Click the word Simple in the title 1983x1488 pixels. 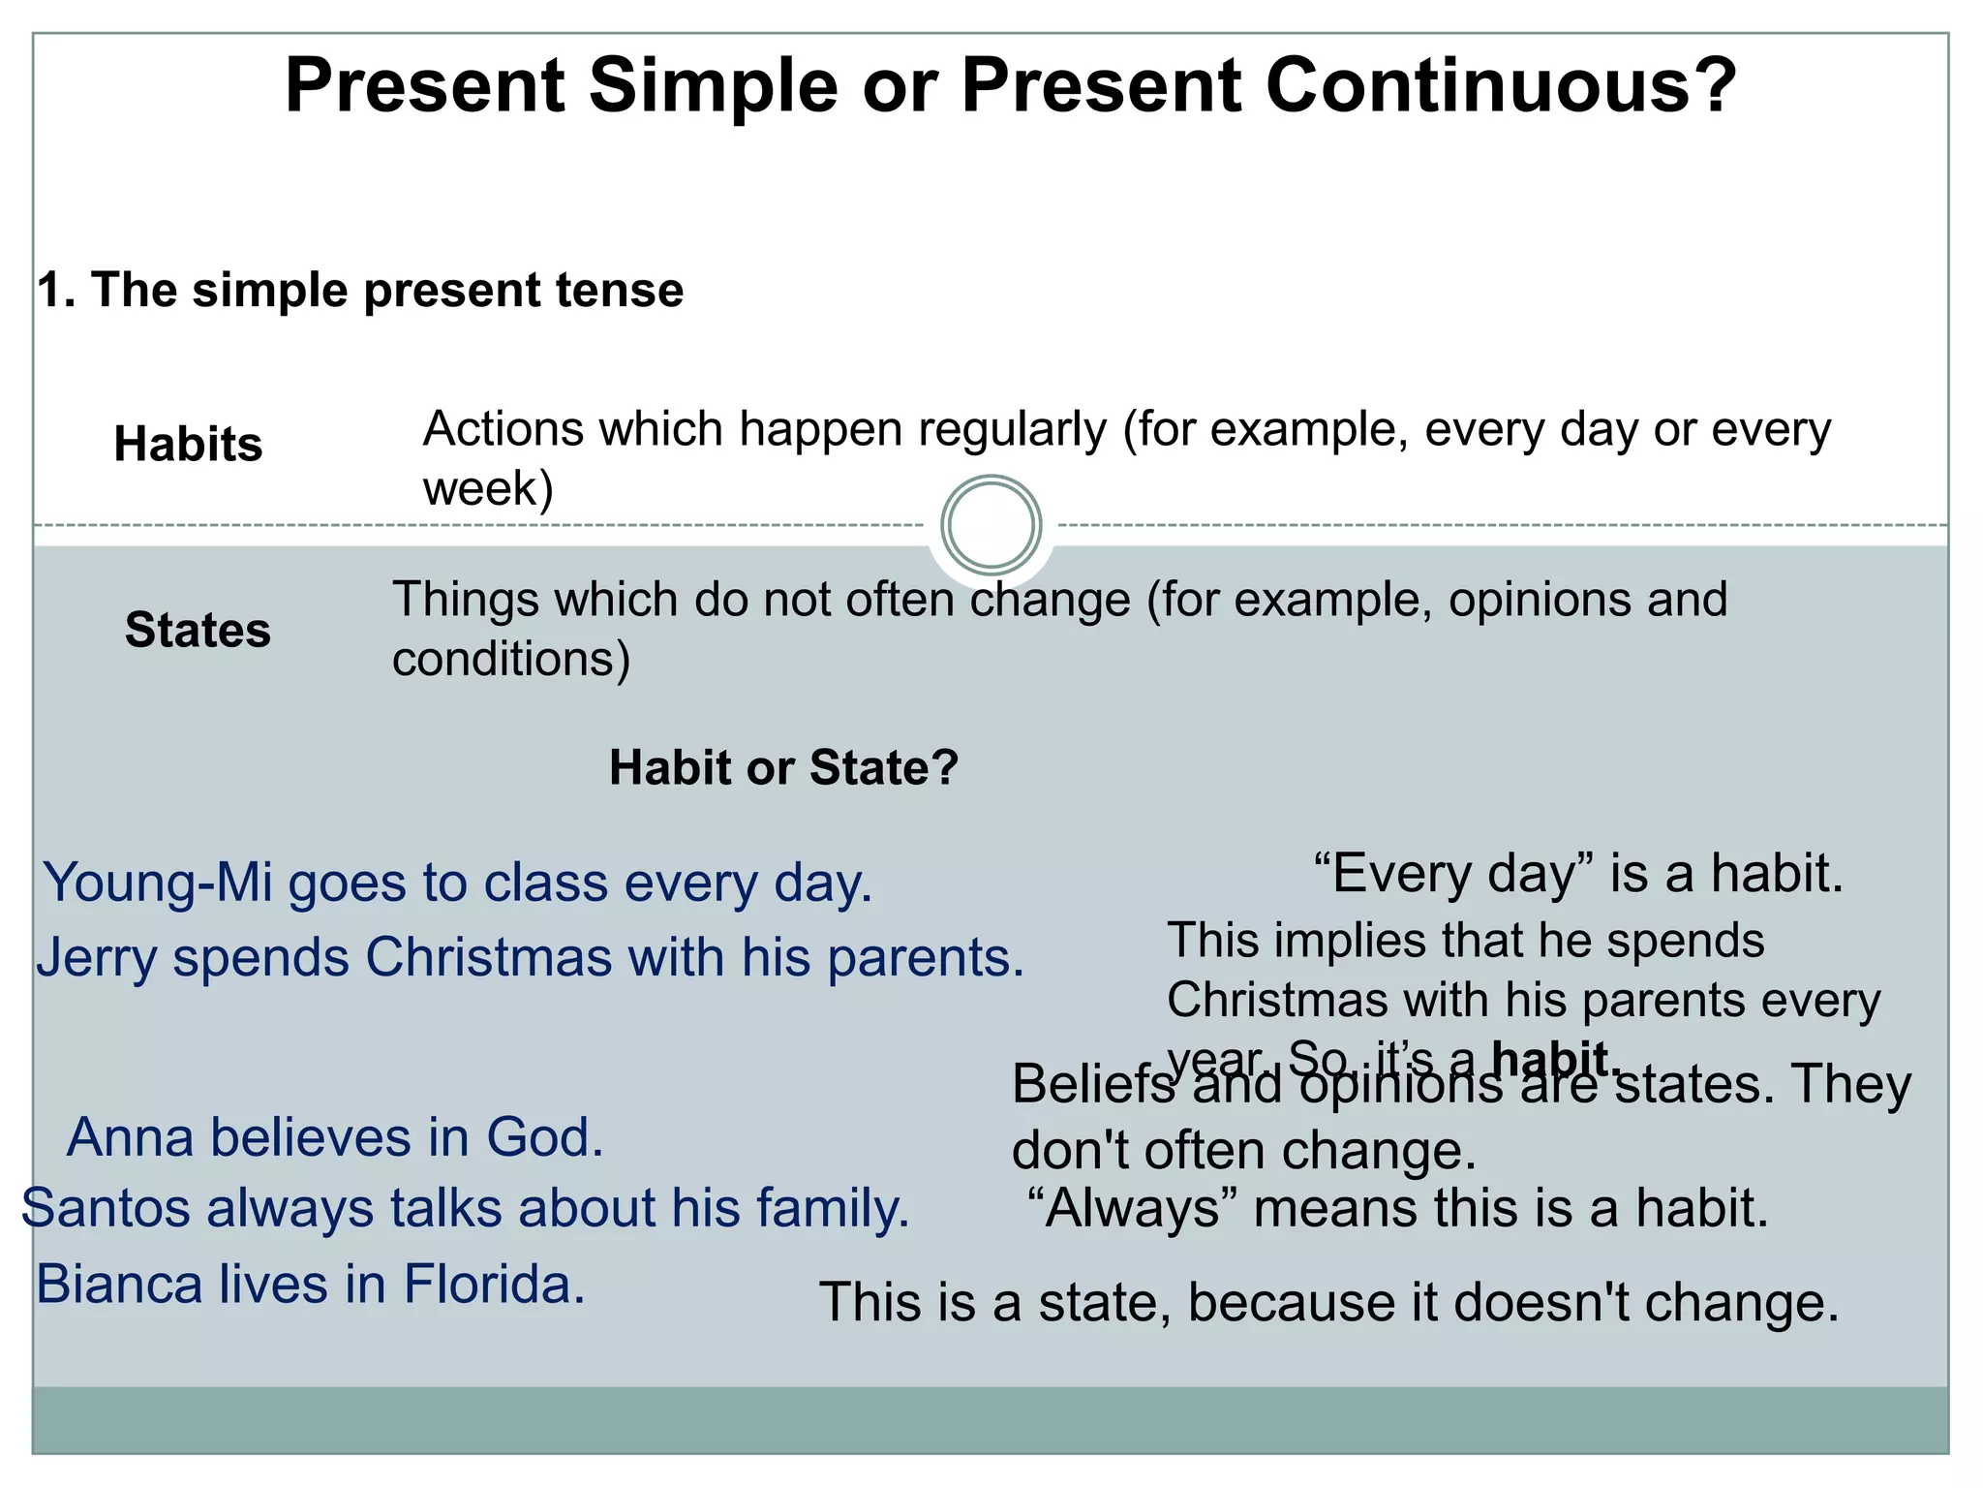click(x=713, y=87)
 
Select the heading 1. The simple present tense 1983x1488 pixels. click(x=360, y=290)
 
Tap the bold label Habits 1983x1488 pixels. click(x=188, y=445)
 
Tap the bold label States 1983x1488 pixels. click(x=198, y=631)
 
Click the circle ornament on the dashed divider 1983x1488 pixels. click(x=991, y=525)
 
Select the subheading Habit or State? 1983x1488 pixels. click(x=783, y=768)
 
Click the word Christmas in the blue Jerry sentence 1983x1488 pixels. click(x=488, y=958)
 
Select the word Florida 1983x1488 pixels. click(x=494, y=1286)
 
